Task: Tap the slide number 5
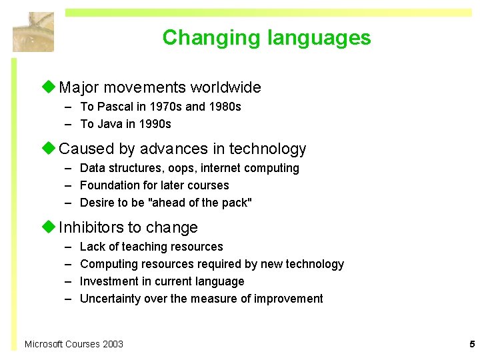[471, 345]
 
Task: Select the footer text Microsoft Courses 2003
[73, 344]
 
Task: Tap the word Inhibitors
[91, 228]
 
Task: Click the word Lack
[92, 247]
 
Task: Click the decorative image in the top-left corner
[33, 31]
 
